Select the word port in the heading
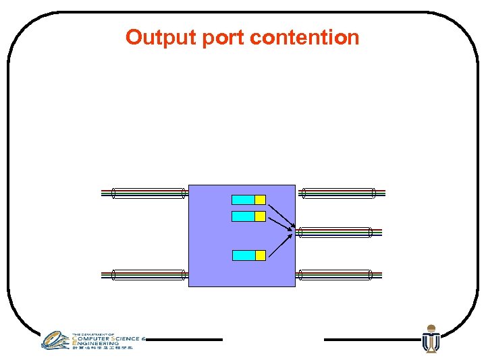[223, 37]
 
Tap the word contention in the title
[304, 37]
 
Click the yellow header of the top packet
[260, 200]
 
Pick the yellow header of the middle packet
[260, 216]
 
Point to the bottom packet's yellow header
[260, 255]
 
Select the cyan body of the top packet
[243, 200]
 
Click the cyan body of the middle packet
[243, 216]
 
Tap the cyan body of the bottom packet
[243, 255]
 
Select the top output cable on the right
[337, 193]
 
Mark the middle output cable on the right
[335, 233]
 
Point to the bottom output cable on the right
[335, 274]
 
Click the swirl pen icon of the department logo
[55, 340]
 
